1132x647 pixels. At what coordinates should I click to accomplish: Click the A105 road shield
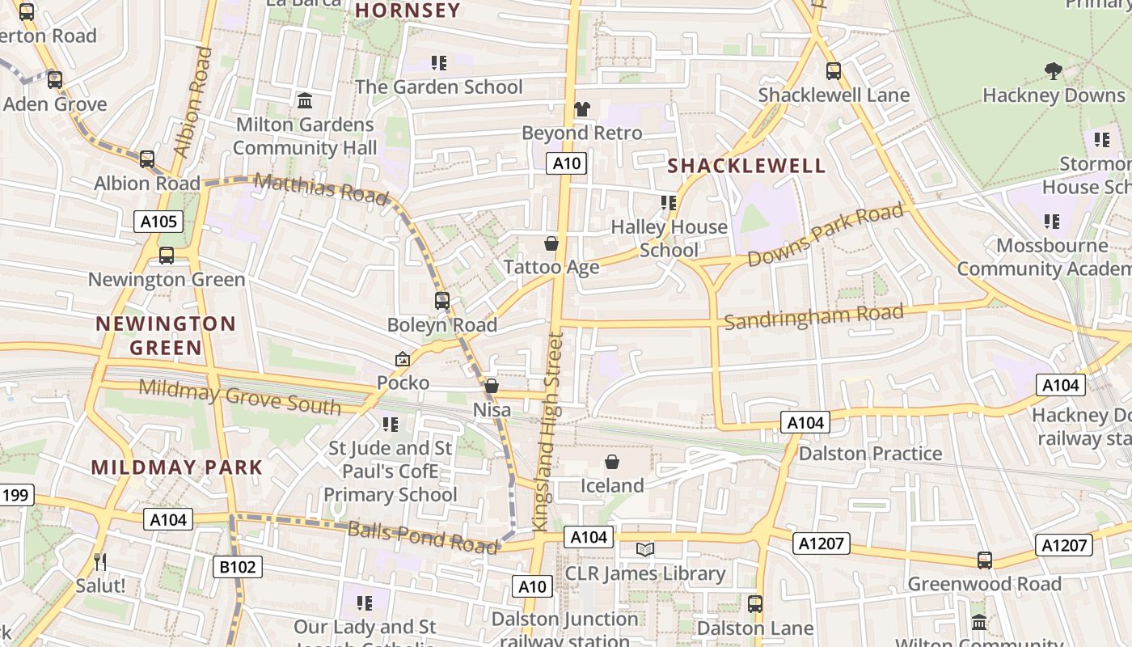click(158, 222)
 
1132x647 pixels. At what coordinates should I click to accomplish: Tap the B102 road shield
click(238, 567)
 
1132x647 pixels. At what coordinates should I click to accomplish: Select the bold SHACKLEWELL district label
click(746, 166)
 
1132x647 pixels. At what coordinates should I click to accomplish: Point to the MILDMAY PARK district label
click(177, 467)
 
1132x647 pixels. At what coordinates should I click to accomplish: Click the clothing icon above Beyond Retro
click(581, 109)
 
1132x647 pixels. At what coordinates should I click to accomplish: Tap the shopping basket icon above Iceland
click(612, 463)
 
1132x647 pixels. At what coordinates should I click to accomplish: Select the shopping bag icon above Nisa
click(492, 387)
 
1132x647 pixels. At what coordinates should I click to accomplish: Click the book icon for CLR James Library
click(644, 550)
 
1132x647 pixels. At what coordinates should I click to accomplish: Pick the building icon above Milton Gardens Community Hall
click(305, 101)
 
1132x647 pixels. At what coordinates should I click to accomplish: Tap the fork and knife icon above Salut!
click(100, 561)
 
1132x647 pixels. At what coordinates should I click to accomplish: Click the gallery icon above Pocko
click(402, 359)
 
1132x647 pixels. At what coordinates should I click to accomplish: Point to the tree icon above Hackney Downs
click(1053, 71)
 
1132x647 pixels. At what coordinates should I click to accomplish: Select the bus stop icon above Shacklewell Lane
click(834, 71)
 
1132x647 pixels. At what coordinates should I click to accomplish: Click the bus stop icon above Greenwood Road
click(984, 560)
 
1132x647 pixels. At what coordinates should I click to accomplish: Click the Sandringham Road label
click(813, 316)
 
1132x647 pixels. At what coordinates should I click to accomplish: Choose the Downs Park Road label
click(825, 235)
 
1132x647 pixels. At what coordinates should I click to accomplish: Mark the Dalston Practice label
click(870, 454)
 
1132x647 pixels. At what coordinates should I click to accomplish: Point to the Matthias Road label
click(321, 188)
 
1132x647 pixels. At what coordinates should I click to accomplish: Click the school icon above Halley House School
click(669, 203)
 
